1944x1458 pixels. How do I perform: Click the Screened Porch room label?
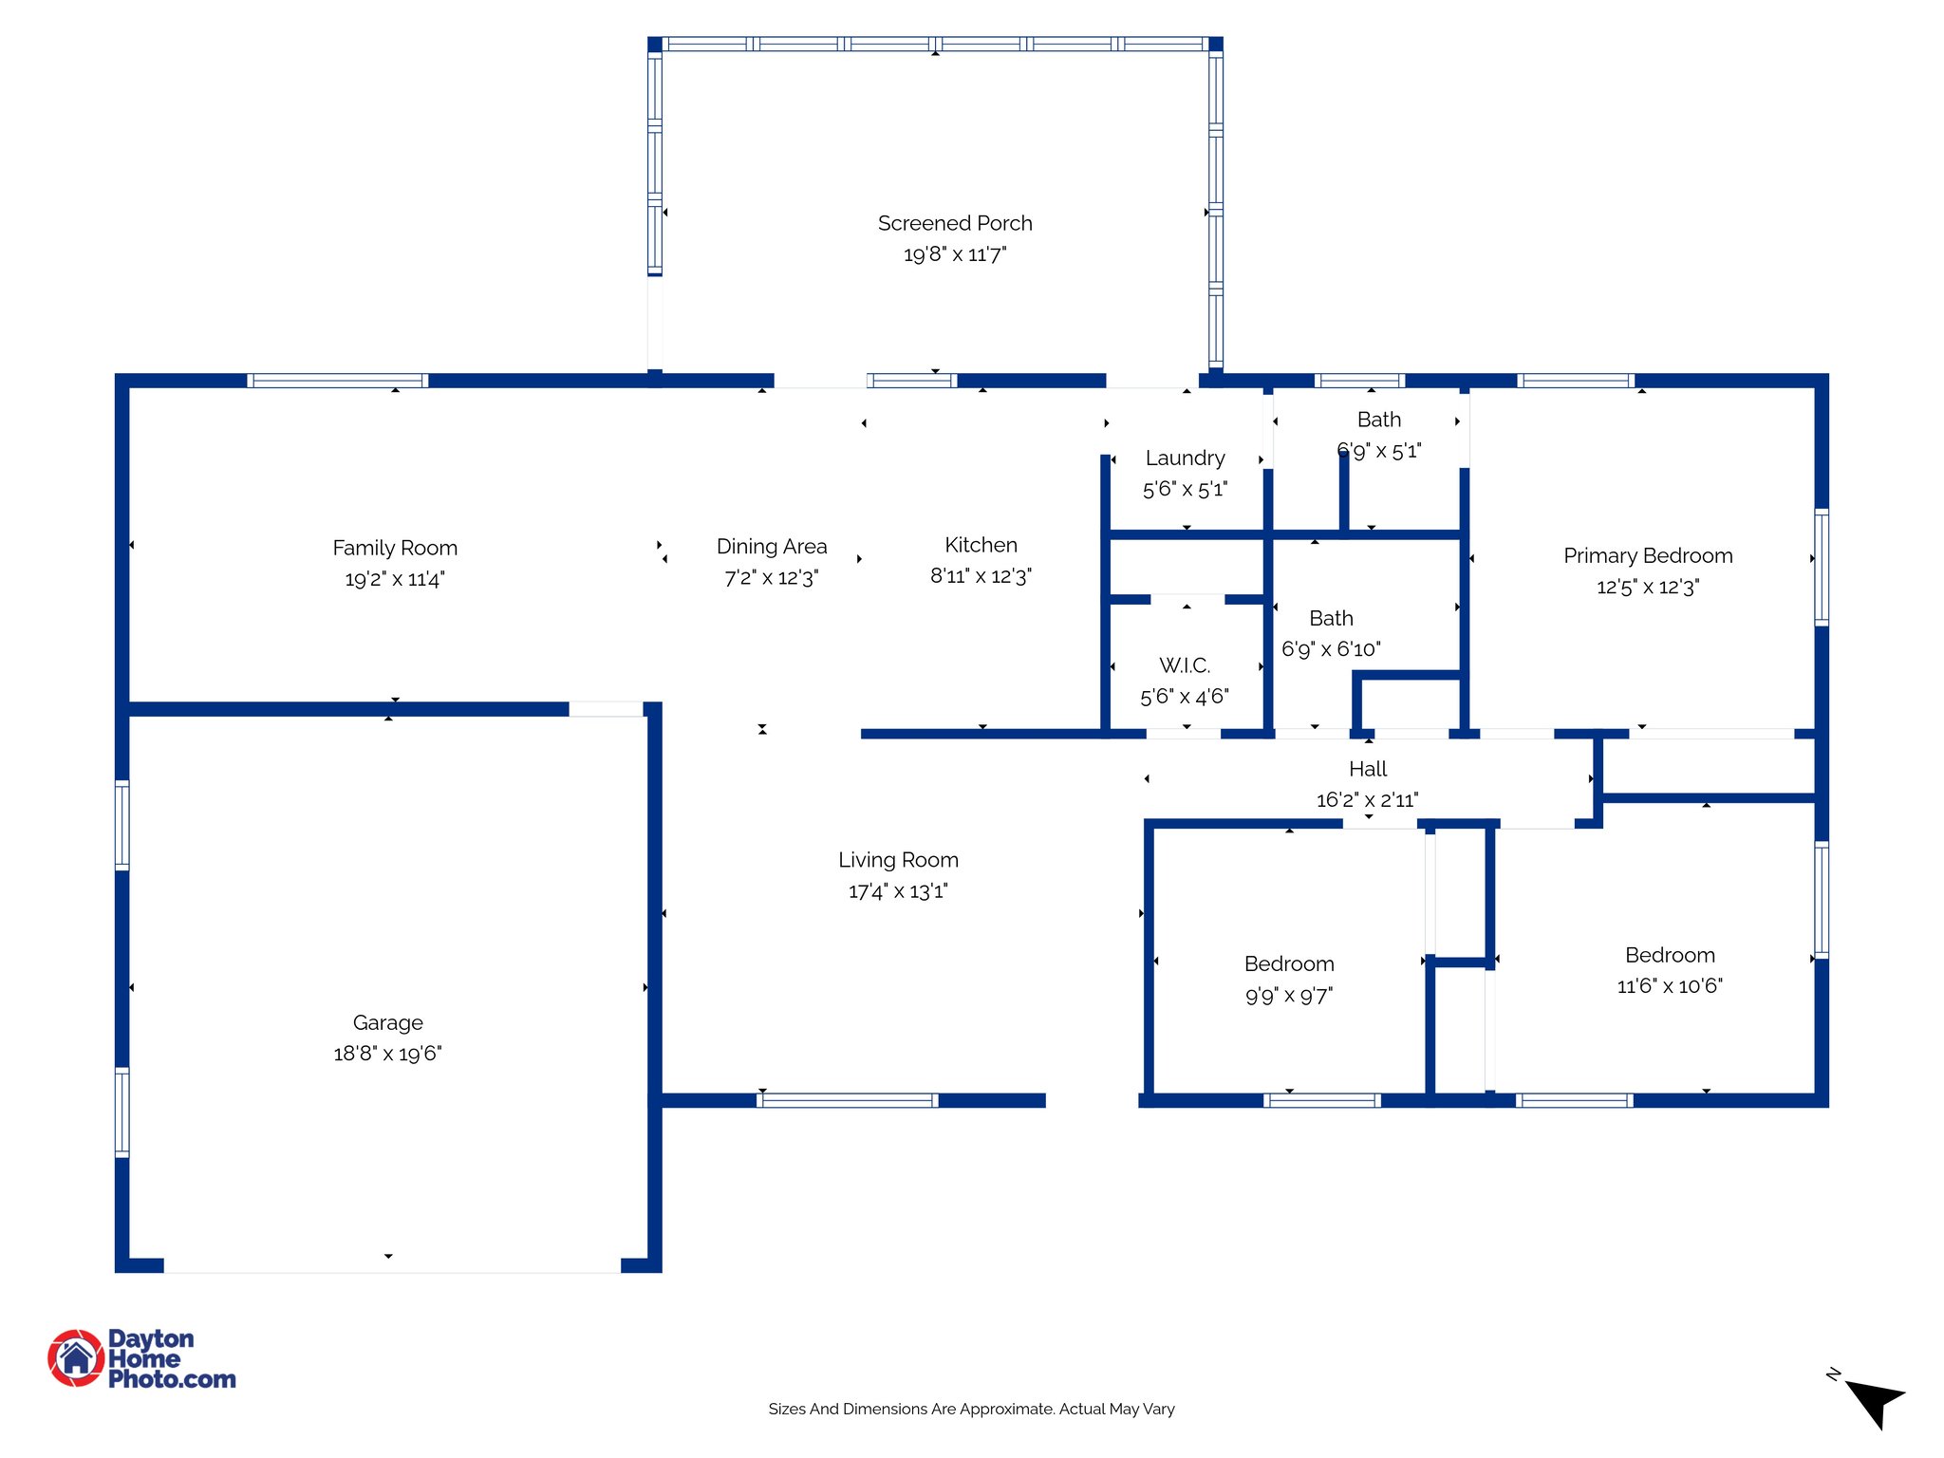(x=954, y=223)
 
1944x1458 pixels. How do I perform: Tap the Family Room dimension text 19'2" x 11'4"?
(x=395, y=579)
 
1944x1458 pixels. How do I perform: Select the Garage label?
(x=387, y=1022)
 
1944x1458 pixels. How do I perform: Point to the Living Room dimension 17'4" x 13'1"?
(x=898, y=891)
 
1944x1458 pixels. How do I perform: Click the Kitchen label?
(x=981, y=545)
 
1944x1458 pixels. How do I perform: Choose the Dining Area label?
(x=771, y=547)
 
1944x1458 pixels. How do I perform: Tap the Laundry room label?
(x=1185, y=458)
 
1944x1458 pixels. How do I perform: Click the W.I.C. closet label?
(x=1185, y=665)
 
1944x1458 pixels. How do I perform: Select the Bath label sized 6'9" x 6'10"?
(x=1331, y=618)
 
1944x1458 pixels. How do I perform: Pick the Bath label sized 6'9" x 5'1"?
(x=1378, y=420)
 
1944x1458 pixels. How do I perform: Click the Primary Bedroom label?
(x=1648, y=555)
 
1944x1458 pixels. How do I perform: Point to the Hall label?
(x=1368, y=769)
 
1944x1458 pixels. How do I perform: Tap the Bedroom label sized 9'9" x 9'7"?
(x=1289, y=964)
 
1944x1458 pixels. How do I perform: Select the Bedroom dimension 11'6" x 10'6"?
(x=1669, y=986)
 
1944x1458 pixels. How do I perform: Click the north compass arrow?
(x=1874, y=1401)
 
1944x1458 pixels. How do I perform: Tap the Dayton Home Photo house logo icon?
(x=76, y=1357)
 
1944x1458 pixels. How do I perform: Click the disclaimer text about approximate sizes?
(x=971, y=1409)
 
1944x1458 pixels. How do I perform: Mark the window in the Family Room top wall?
(x=338, y=381)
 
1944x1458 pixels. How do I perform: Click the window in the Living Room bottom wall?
(x=848, y=1100)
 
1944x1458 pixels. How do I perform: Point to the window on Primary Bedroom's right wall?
(x=1821, y=568)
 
